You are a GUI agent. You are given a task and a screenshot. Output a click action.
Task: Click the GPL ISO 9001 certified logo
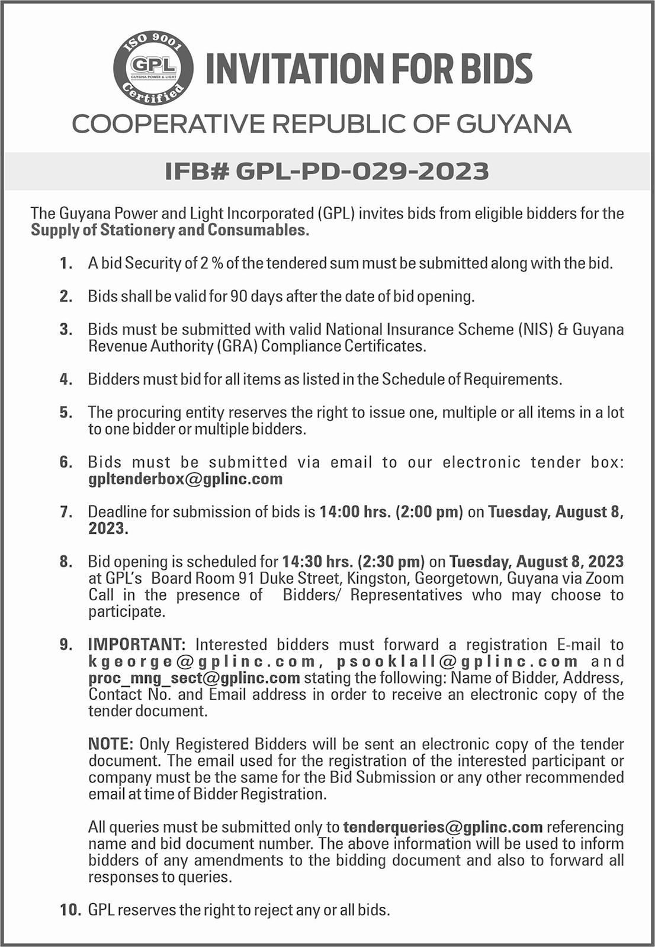tap(153, 69)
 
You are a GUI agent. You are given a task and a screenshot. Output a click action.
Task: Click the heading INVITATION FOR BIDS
tap(369, 69)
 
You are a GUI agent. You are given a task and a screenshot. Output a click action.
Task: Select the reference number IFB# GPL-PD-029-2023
tap(327, 171)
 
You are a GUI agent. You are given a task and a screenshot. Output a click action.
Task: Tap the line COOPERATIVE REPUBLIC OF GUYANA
tap(322, 124)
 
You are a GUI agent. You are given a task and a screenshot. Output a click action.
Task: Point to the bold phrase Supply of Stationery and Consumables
tap(170, 230)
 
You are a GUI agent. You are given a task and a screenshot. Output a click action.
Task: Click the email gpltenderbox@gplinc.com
tap(185, 479)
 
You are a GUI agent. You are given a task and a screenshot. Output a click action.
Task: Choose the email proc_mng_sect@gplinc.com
tap(194, 678)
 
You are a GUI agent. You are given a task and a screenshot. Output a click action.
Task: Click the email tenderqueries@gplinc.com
tap(443, 827)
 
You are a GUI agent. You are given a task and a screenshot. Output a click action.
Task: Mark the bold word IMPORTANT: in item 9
tap(137, 644)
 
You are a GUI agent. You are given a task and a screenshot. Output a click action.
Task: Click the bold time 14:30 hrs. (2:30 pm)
tap(353, 561)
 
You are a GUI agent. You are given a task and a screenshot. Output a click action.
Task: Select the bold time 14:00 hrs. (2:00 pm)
tap(391, 511)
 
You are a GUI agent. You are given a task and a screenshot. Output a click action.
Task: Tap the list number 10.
tap(70, 910)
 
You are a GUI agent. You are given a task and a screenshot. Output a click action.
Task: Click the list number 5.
tap(66, 412)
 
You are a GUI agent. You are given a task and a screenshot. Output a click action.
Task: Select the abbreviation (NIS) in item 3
tap(536, 329)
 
